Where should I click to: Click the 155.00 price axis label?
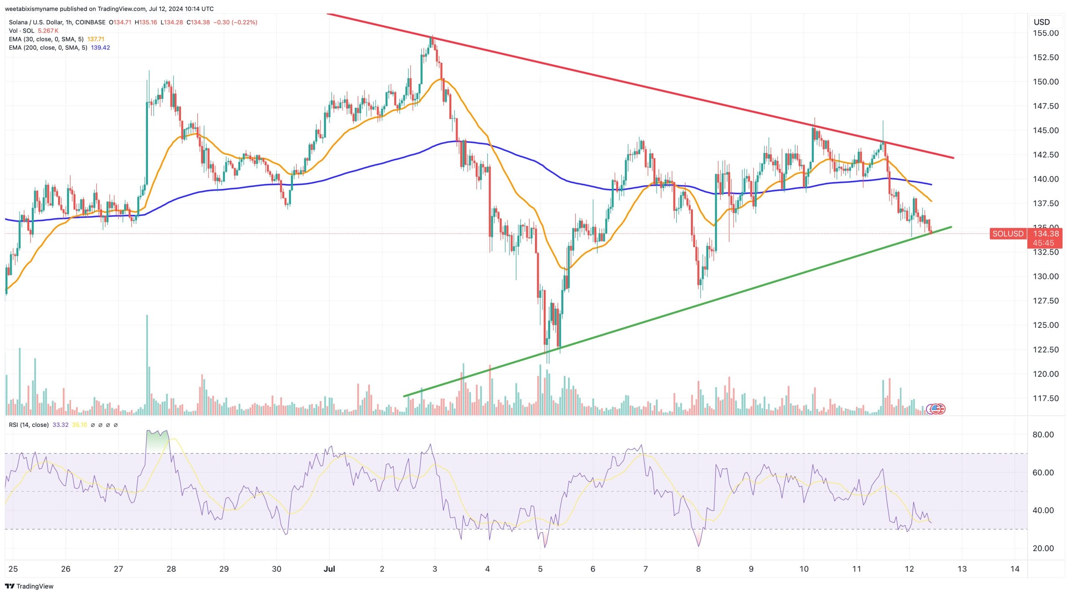1046,33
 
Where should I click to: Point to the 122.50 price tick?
1046,350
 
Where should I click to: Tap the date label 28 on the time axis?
171,569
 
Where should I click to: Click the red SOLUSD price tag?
1008,234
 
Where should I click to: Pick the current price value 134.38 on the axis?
1046,234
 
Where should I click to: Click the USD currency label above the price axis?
1042,22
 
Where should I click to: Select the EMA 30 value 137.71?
96,39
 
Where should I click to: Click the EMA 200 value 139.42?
100,48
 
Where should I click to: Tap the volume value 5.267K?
48,31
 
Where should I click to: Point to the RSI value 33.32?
61,425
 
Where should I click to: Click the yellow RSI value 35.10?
79,425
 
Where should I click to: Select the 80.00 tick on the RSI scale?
1043,434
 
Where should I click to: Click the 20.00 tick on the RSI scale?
1043,548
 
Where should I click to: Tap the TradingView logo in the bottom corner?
29,586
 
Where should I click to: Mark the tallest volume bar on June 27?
147,364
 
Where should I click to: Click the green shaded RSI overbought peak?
157,439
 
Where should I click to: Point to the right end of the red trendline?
953,158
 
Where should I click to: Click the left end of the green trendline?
404,396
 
